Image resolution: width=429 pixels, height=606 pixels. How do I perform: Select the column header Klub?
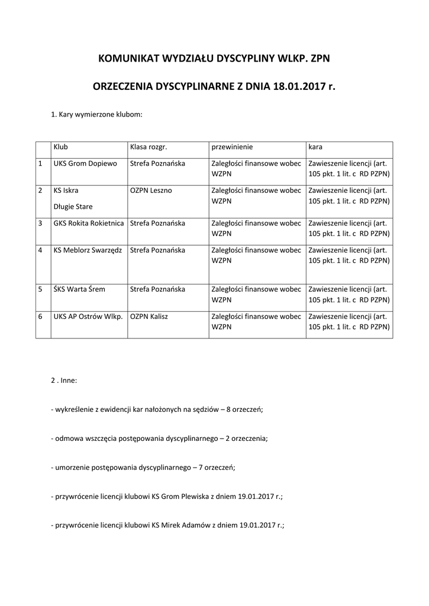(x=60, y=146)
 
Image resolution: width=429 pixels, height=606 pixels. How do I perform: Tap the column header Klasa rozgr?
(x=144, y=146)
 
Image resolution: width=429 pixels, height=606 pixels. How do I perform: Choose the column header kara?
(x=315, y=146)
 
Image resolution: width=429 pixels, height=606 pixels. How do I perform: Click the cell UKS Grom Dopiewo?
(x=85, y=163)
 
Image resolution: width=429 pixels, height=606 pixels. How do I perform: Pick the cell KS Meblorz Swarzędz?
(x=88, y=250)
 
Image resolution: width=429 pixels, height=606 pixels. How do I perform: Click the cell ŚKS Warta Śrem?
(x=79, y=289)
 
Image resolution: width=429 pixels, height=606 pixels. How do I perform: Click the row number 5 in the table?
(x=40, y=289)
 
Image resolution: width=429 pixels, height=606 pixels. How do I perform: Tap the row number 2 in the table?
(x=40, y=191)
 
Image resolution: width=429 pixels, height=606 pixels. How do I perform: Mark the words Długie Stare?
(x=73, y=207)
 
